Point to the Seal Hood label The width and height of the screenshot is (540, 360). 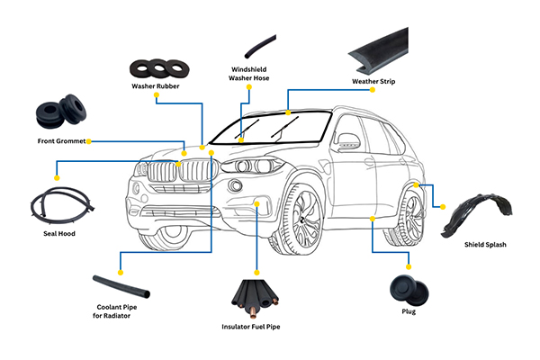[x=59, y=233]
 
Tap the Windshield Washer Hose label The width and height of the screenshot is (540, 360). [x=249, y=75]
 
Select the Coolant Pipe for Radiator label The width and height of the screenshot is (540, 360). [x=119, y=310]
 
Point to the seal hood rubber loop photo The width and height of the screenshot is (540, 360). [x=59, y=204]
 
